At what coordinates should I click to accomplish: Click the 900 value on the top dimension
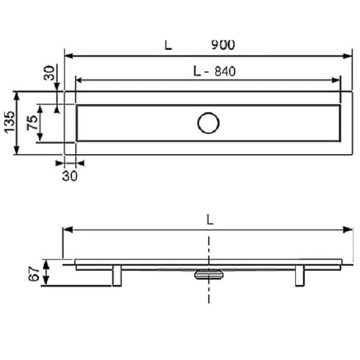click(x=223, y=44)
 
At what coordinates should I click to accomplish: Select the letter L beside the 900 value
click(x=167, y=44)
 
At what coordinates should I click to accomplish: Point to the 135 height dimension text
click(x=9, y=123)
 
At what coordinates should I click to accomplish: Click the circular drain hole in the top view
click(x=208, y=123)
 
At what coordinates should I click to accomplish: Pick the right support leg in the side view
click(x=299, y=276)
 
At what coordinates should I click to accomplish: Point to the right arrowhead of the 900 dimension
click(x=348, y=56)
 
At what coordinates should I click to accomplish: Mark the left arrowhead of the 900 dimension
click(x=68, y=56)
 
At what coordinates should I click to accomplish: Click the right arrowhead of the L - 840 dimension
click(x=337, y=80)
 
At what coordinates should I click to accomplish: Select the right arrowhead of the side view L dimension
click(x=349, y=229)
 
